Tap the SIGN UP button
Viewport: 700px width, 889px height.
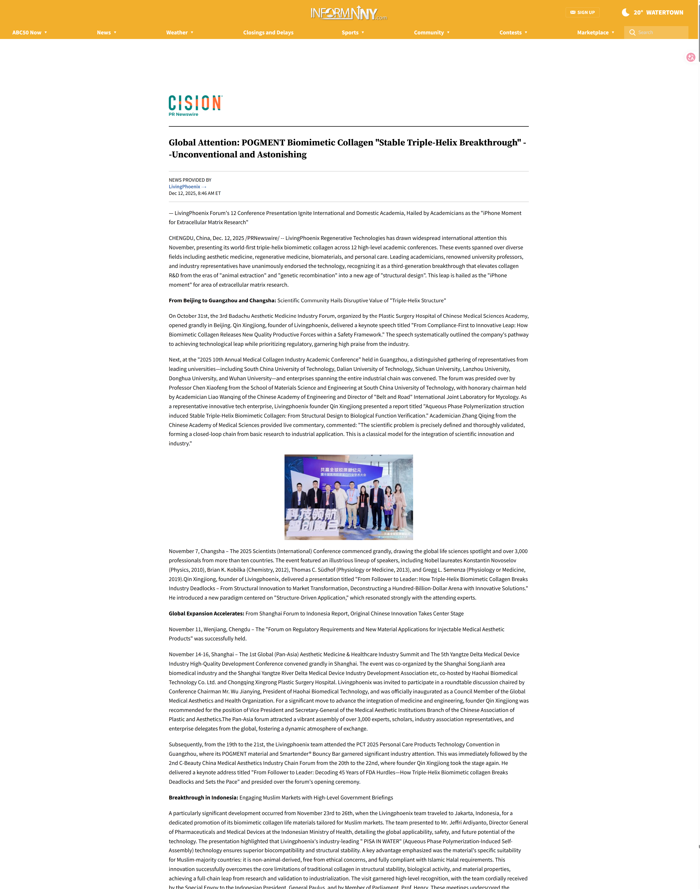(x=582, y=12)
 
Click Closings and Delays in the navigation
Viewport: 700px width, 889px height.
(x=268, y=32)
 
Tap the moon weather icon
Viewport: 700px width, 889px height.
(x=625, y=12)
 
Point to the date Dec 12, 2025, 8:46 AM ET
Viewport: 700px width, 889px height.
(x=195, y=193)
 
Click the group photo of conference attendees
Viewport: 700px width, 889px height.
(x=348, y=497)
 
